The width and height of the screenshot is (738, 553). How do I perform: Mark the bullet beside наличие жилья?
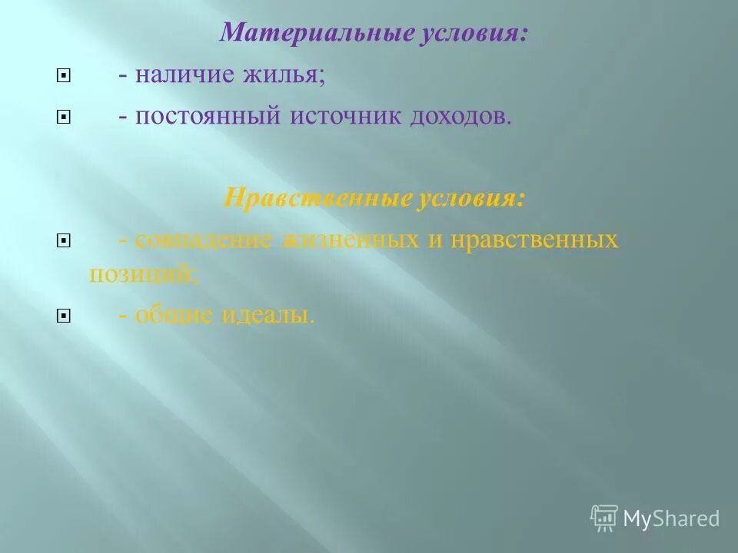(x=64, y=77)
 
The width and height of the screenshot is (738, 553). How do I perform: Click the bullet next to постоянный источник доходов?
(x=64, y=118)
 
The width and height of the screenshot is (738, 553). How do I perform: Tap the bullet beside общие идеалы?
(x=64, y=316)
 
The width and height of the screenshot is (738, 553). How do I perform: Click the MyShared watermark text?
(x=671, y=518)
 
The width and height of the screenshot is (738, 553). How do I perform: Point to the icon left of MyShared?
(x=604, y=518)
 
